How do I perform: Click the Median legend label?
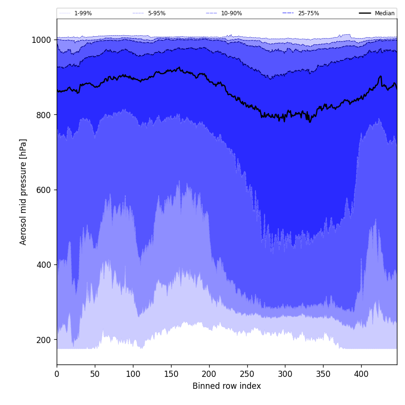[x=385, y=13]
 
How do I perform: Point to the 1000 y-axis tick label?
[x=41, y=40]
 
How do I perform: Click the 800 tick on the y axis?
[x=43, y=115]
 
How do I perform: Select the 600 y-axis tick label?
[x=43, y=190]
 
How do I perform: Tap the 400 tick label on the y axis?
[x=43, y=265]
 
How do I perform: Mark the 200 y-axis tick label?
[x=43, y=340]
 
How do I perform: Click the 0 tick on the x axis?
[x=57, y=374]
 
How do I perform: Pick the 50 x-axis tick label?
[x=95, y=374]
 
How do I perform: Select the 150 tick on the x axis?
[x=171, y=374]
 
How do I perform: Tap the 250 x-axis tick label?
[x=247, y=374]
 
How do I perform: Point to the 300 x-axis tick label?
[x=285, y=374]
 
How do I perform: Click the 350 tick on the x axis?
[x=323, y=374]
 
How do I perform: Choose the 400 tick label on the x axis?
[x=361, y=374]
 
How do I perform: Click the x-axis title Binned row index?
[x=227, y=386]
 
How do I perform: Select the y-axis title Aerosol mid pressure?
[x=23, y=192]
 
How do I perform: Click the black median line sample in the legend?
[x=365, y=13]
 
